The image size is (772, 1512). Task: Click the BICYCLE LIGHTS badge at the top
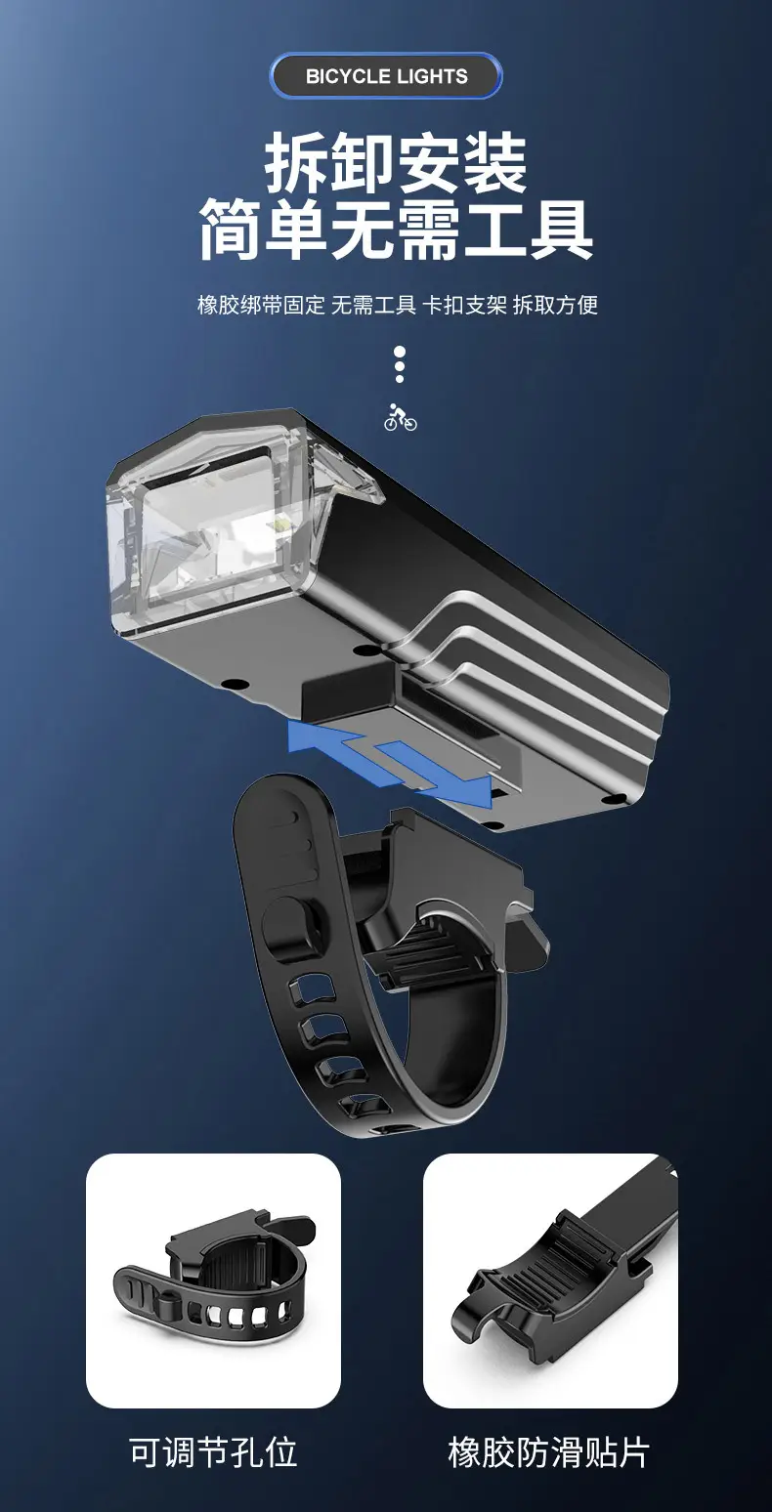[x=386, y=75]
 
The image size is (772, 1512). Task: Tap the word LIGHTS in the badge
[x=432, y=76]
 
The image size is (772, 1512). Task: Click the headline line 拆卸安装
[x=396, y=163]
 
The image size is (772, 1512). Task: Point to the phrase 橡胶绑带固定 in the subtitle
[x=261, y=305]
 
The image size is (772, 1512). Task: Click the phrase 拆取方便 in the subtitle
[x=555, y=305]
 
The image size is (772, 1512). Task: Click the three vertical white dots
[x=400, y=365]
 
